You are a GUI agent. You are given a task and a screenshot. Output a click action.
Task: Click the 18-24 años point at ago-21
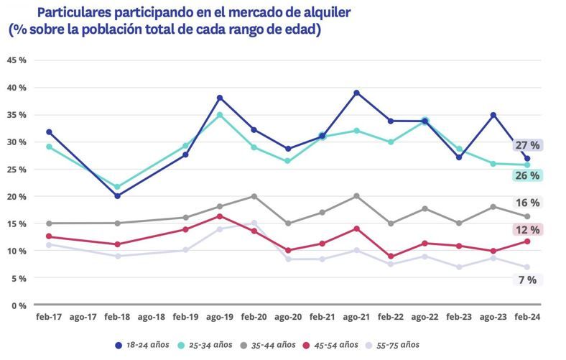356,93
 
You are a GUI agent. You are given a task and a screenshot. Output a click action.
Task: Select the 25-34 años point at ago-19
220,115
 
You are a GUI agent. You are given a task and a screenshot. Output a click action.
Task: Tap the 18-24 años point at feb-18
118,195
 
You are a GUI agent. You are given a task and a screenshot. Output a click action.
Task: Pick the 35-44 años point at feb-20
254,196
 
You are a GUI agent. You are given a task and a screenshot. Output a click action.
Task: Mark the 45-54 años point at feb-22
390,257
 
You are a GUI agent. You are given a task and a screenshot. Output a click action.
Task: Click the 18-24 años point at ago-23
493,115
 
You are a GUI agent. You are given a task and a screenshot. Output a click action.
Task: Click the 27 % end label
527,145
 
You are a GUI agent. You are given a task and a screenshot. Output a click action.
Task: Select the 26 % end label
527,175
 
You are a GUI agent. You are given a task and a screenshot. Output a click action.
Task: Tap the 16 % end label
527,203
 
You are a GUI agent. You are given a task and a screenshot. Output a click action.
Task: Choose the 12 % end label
527,230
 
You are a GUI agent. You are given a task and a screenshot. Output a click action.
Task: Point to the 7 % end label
527,280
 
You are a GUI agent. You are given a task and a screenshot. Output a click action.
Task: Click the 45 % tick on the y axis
17,60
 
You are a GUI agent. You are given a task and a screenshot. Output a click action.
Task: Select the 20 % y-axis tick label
17,196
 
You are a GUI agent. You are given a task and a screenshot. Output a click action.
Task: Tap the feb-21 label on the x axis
322,317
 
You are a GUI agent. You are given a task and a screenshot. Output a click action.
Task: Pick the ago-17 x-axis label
83,317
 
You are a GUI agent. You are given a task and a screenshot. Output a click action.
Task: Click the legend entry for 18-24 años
143,345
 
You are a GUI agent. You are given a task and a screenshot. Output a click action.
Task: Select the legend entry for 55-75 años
391,345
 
